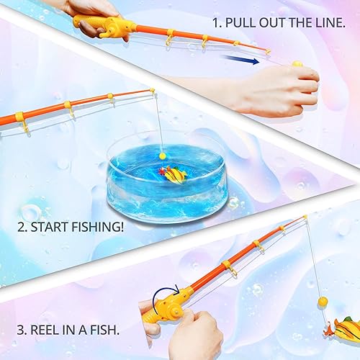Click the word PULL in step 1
[x=238, y=22]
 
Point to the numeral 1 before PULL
[x=216, y=22]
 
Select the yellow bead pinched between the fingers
[x=297, y=64]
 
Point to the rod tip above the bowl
[x=152, y=91]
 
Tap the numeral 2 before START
[x=20, y=228]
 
